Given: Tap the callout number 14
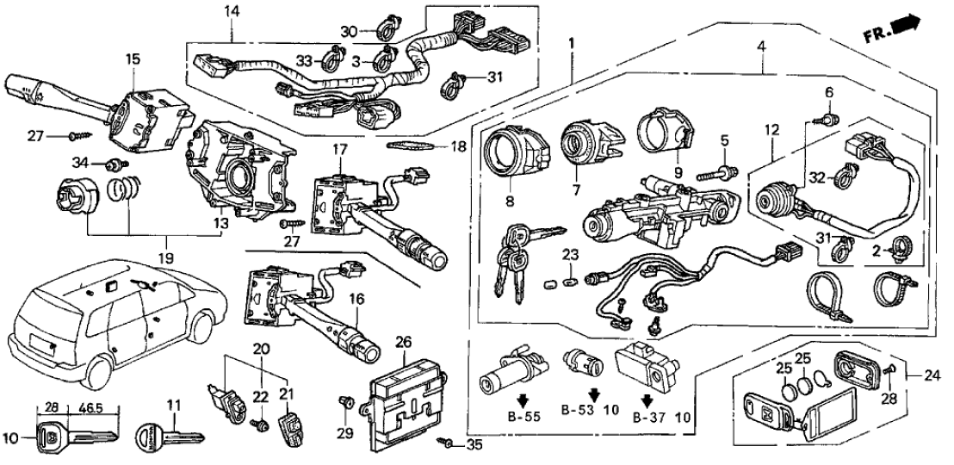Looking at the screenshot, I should coord(232,11).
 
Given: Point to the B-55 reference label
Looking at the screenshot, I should coord(522,416).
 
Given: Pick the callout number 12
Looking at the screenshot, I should coord(771,130).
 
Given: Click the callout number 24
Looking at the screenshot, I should coord(933,375).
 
